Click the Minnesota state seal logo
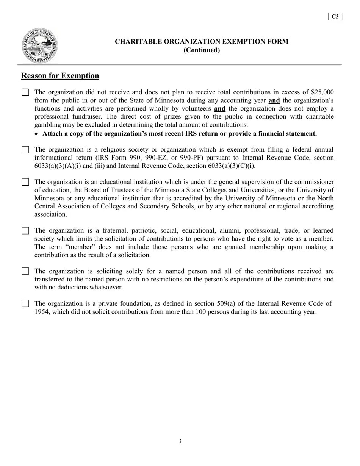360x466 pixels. coord(40,45)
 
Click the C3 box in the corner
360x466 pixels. coord(335,16)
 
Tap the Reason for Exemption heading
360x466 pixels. coord(60,76)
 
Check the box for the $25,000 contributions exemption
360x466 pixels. coord(25,92)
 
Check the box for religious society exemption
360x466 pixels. coord(25,150)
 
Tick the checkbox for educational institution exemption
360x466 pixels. coord(25,182)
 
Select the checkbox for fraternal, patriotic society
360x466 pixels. coord(25,231)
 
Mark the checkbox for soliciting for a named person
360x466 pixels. coord(25,271)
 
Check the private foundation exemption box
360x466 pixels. coord(25,303)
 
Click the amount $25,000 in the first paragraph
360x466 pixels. coord(322,92)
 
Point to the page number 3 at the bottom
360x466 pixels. coord(180,441)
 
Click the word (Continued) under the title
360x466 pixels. coord(202,50)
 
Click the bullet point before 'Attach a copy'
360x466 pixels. coord(36,134)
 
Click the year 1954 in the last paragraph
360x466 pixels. coord(42,312)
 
